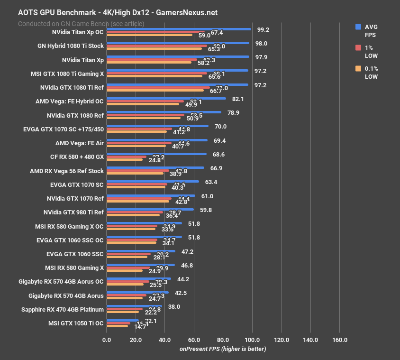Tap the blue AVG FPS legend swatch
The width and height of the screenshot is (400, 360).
tap(358, 27)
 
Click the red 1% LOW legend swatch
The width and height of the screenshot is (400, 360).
tap(358, 48)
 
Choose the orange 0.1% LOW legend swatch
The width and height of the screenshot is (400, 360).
tap(358, 69)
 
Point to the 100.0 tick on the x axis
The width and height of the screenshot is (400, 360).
tap(252, 340)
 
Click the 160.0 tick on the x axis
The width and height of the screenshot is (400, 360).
tap(340, 340)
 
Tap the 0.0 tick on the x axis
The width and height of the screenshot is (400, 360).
tap(107, 340)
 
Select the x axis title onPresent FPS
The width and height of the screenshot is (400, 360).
tap(223, 349)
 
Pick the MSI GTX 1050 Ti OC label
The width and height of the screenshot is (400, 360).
tap(75, 323)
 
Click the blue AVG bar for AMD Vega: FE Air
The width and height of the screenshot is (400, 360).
tap(157, 140)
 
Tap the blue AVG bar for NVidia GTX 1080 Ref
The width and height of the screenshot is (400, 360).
tap(164, 112)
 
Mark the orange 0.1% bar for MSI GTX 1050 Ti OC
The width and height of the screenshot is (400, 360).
tap(117, 326)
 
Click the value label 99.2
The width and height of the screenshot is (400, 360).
tap(263, 29)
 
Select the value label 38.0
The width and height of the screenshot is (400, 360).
tap(174, 306)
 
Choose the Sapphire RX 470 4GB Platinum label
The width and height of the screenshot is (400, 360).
tap(63, 310)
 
